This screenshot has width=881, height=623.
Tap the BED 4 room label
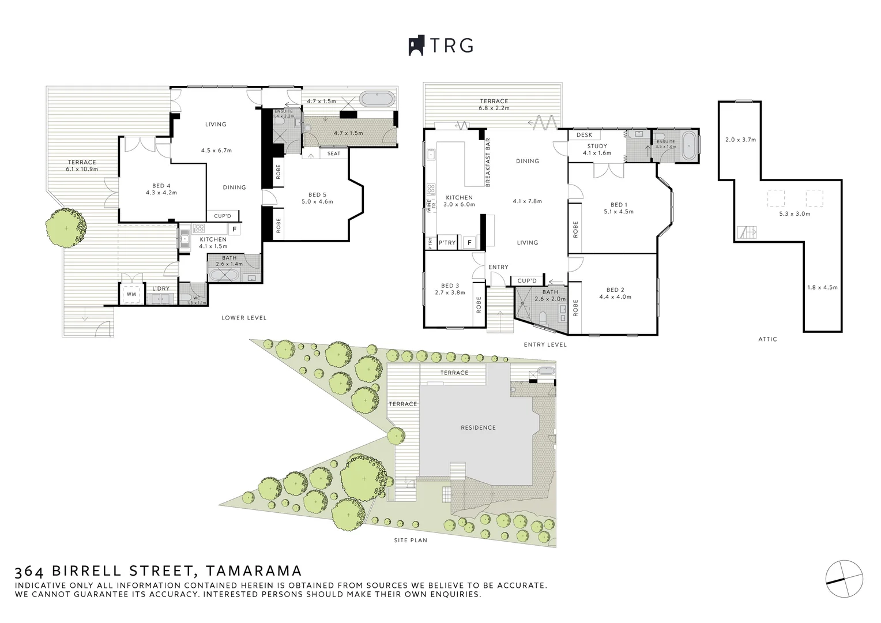[161, 186]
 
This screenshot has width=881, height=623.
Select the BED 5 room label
[317, 195]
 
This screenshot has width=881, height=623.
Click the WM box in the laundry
[131, 294]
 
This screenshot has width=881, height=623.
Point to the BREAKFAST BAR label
[488, 162]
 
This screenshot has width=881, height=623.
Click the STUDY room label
[597, 146]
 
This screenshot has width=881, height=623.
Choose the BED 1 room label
[618, 205]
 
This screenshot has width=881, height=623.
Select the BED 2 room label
[615, 290]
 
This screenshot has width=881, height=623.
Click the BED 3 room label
[450, 286]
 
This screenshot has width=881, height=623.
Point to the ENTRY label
[498, 267]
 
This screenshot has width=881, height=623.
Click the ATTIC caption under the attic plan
[767, 339]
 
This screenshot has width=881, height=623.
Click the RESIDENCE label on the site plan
[478, 427]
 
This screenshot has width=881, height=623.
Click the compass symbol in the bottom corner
[845, 579]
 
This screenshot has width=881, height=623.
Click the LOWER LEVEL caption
[244, 318]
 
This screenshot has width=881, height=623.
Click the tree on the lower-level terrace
[67, 228]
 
